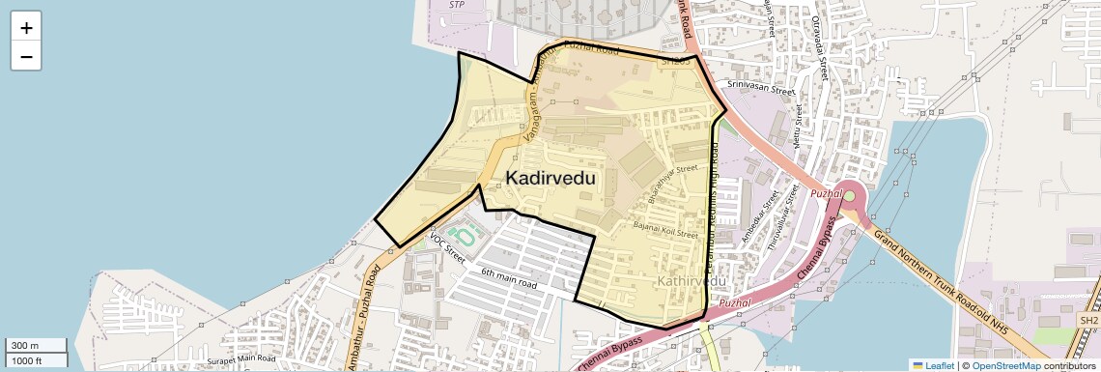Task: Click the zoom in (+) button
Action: click(26, 28)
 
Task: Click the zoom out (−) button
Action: click(26, 57)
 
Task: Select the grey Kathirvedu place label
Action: click(691, 280)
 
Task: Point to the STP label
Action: click(458, 5)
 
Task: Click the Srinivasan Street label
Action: click(760, 86)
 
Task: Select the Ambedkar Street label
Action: click(759, 215)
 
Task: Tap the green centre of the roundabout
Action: click(850, 198)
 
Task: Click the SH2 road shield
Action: click(1088, 320)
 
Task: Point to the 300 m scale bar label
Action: click(26, 346)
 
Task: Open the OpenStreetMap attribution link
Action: click(1006, 365)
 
